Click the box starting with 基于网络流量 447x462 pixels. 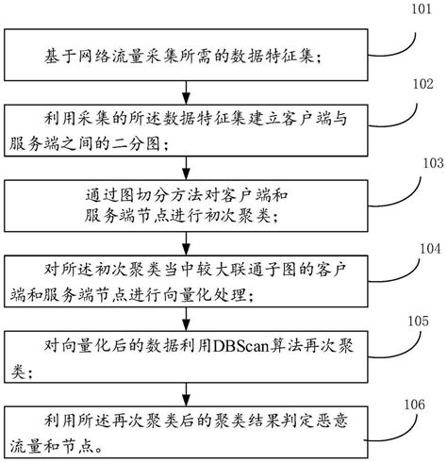click(x=188, y=59)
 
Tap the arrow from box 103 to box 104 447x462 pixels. click(x=188, y=240)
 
